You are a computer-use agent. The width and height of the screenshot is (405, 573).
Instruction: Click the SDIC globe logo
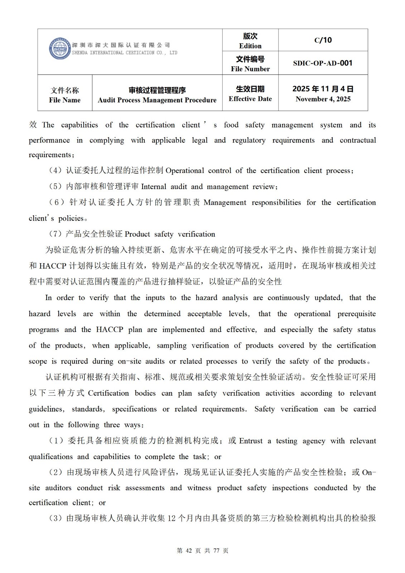[59, 49]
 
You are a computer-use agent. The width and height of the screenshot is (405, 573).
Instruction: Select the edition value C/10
[323, 40]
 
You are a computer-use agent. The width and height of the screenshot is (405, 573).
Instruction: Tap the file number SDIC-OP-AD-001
[323, 63]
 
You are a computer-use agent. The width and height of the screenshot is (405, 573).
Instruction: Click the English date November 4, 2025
[323, 99]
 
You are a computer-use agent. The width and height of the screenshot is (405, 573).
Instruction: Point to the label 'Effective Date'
[250, 99]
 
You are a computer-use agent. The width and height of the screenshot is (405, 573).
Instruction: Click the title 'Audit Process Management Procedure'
[157, 100]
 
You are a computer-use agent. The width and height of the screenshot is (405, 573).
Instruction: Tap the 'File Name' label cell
[65, 95]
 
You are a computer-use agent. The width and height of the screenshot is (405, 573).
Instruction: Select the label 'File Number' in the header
[250, 69]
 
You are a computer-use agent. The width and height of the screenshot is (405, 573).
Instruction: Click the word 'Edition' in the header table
[250, 46]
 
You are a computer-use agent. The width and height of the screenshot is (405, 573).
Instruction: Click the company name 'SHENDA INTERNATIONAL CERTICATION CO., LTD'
[125, 53]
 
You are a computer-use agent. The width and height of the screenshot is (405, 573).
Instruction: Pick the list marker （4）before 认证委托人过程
[56, 171]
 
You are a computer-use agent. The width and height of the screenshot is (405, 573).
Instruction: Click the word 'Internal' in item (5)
[154, 187]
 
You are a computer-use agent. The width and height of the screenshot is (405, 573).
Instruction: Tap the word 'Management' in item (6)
[225, 203]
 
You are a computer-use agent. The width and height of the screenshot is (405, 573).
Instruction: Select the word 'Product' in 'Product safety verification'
[138, 234]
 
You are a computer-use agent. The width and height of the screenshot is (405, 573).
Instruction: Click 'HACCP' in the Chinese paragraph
[52, 266]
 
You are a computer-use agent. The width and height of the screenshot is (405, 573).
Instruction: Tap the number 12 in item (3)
[172, 518]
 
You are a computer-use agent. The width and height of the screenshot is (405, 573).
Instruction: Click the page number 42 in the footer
[189, 551]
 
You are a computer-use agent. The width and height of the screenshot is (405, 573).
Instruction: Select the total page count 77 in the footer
[216, 551]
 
